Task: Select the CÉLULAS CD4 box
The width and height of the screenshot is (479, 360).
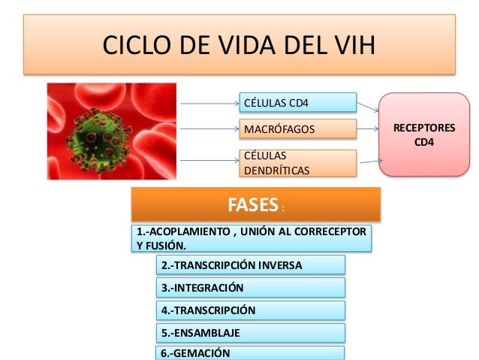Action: pos(297,101)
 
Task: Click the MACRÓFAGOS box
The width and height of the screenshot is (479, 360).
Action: pos(297,129)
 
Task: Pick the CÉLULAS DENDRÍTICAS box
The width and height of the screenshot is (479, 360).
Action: pos(297,163)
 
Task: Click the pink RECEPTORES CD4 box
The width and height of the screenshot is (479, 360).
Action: pos(423,135)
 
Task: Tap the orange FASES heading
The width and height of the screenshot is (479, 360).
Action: pos(256,205)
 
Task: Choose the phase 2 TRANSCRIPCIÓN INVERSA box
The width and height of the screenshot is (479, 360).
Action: pos(250,265)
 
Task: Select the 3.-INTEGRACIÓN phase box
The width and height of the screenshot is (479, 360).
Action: pos(250,287)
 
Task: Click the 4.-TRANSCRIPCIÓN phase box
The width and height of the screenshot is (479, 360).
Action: pos(250,310)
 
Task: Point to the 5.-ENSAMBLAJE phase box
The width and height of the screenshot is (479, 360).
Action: pos(250,332)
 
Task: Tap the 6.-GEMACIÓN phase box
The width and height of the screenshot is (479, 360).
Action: pos(250,353)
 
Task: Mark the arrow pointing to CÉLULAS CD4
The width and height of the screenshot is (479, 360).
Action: pos(208,101)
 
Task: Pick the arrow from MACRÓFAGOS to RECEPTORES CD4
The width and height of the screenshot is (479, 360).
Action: pos(366,129)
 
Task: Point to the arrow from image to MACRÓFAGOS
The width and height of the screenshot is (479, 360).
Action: pos(208,129)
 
